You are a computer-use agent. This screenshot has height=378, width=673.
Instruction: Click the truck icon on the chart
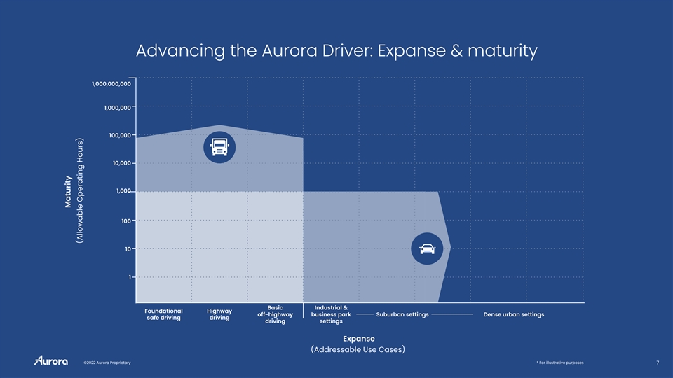coord(219,147)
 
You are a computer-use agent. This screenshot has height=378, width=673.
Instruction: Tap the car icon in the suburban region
coord(427,248)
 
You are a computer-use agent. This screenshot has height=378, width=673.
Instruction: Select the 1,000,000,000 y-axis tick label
coord(111,83)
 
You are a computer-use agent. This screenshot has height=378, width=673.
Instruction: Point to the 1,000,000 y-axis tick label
coord(117,108)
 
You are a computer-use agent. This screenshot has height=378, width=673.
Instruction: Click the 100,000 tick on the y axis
coord(120,135)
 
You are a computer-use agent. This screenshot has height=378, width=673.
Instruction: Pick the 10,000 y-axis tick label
coord(121,163)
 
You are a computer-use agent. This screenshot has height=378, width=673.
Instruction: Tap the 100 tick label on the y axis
coord(125,221)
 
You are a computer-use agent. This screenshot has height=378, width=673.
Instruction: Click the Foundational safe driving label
coord(163,314)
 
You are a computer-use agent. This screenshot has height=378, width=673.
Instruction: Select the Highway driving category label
coord(219,314)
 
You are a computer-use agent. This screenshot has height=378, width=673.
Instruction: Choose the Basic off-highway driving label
coord(275,314)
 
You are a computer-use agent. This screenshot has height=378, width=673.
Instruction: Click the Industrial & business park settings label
coord(331,314)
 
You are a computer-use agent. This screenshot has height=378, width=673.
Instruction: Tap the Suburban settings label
coord(402,314)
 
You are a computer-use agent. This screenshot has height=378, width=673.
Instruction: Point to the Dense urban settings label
coord(514,314)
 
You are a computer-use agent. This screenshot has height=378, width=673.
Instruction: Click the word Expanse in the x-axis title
coord(359,339)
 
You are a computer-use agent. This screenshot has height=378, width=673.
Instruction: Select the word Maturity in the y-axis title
coord(68,192)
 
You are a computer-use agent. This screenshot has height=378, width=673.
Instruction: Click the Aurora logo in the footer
coord(51,360)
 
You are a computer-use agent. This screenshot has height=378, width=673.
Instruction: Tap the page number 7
coord(658,363)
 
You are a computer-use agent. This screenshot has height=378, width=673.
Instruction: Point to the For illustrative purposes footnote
coord(560,363)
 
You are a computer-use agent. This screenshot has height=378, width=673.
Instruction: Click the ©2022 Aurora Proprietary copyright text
coord(107,363)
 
